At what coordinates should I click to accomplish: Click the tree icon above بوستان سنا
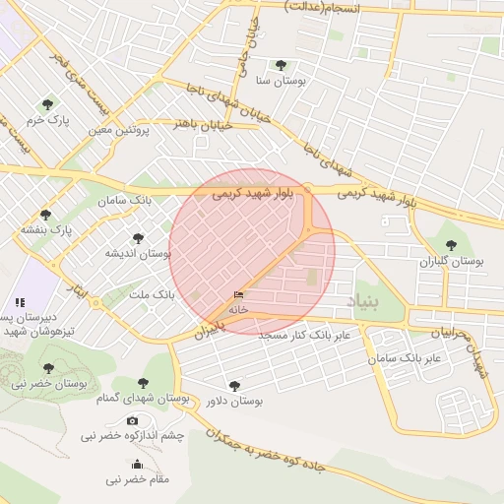(282, 65)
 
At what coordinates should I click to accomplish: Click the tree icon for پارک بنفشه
(45, 215)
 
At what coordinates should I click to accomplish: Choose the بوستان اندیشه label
(139, 254)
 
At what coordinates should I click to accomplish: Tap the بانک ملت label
(152, 294)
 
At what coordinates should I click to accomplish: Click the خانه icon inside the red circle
(238, 295)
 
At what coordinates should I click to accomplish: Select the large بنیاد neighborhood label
(362, 302)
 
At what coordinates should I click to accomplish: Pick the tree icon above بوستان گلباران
(451, 246)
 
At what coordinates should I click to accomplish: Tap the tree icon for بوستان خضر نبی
(48, 368)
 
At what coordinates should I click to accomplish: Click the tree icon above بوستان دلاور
(233, 386)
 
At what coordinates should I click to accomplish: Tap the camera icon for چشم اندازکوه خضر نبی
(133, 420)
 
